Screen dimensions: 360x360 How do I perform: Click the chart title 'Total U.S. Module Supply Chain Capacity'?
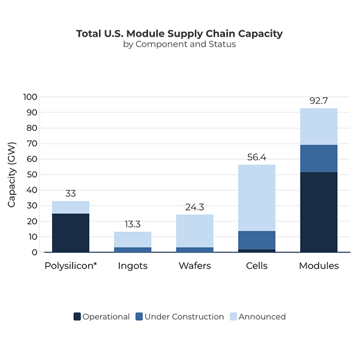(179, 34)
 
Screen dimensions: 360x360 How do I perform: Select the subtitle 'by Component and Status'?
(179, 44)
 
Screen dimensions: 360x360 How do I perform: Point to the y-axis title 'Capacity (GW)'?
(11, 175)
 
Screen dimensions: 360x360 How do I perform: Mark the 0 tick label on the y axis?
(35, 253)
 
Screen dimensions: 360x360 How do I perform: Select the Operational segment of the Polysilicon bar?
(71, 233)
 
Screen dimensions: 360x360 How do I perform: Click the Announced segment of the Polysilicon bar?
(71, 207)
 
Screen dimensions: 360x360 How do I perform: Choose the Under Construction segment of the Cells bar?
(257, 240)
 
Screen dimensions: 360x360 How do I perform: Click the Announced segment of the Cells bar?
(257, 198)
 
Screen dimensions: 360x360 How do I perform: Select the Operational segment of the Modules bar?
(319, 212)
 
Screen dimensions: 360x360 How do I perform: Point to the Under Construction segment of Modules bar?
(319, 158)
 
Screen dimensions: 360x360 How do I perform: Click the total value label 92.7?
(319, 101)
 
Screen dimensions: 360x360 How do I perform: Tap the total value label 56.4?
(257, 157)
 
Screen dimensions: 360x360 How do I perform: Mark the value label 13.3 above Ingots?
(133, 224)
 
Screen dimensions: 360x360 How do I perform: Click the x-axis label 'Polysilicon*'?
(71, 266)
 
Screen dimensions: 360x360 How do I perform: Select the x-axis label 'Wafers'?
(194, 266)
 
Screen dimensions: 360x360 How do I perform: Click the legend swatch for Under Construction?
(139, 316)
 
